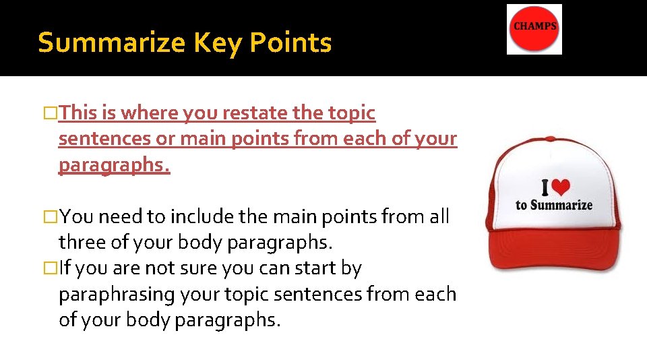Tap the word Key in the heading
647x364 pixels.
218,43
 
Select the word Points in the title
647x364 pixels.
290,43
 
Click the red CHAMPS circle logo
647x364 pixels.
534,30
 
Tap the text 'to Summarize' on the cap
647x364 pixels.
554,205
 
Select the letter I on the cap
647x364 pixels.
547,188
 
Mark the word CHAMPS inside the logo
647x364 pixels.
535,26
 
